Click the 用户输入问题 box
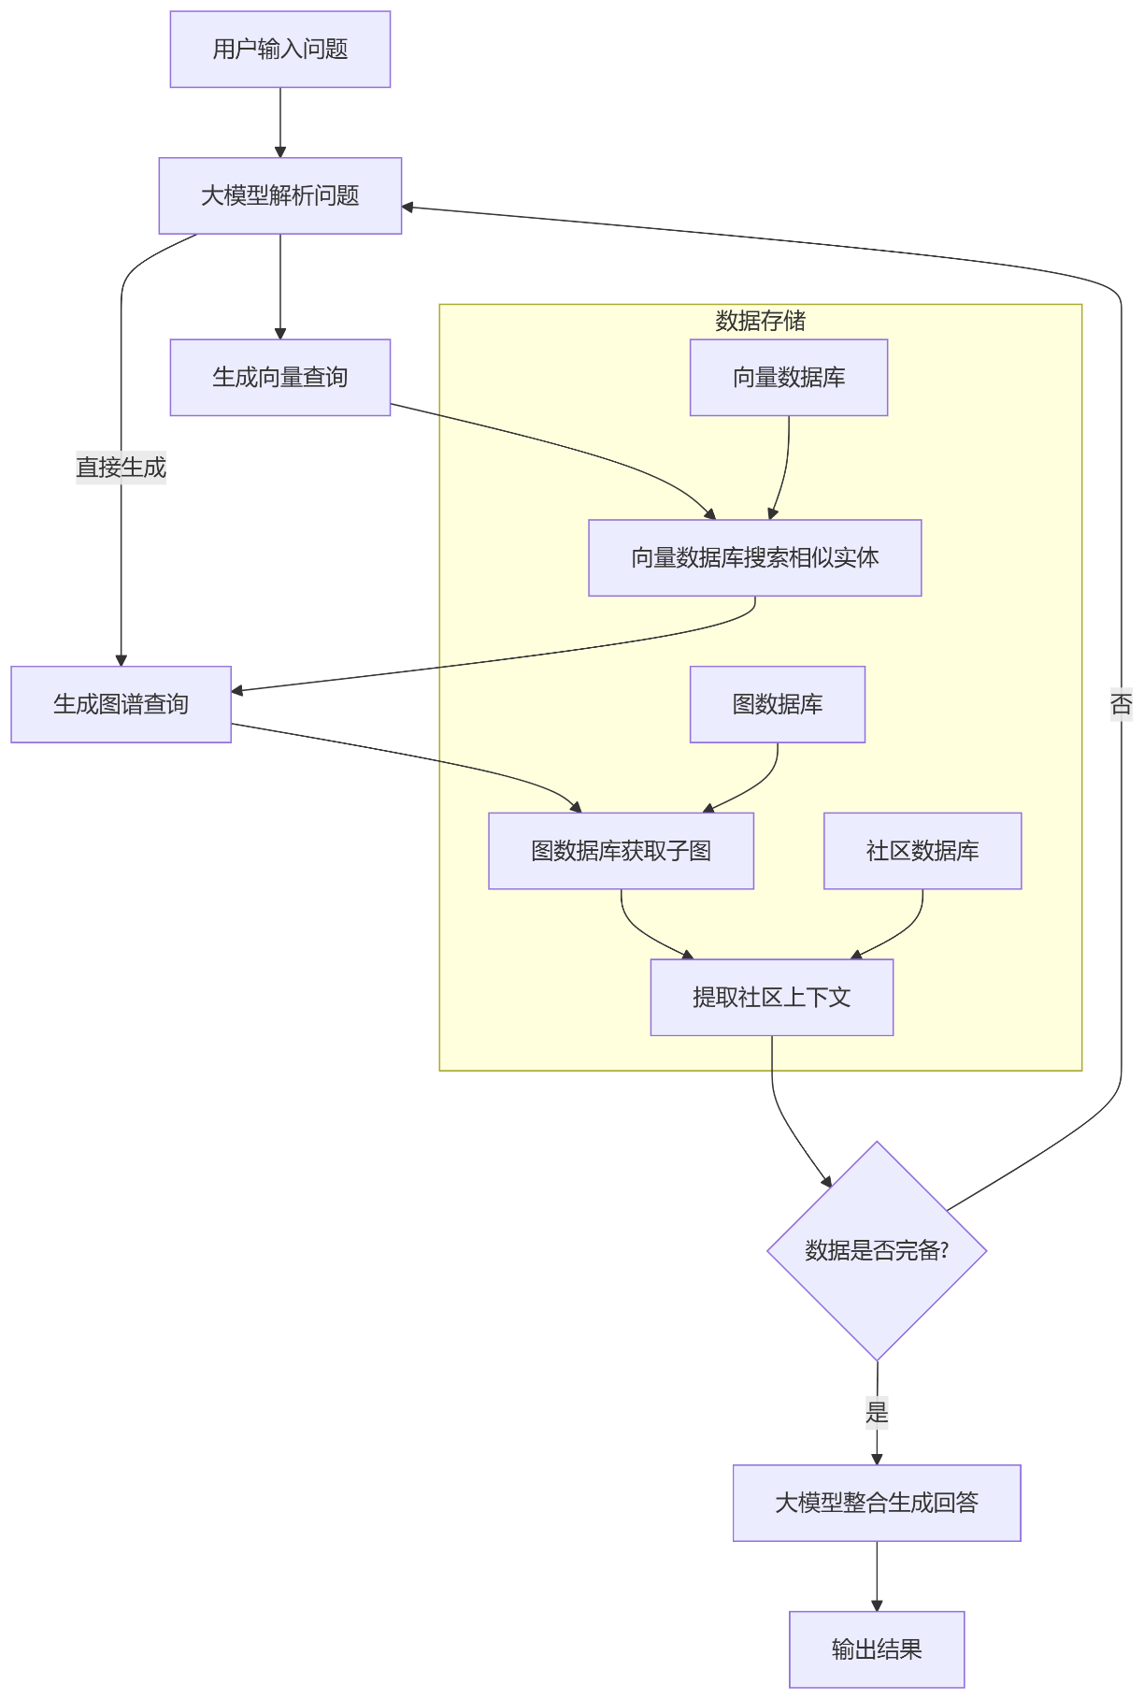click(x=279, y=50)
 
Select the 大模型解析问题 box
click(x=279, y=195)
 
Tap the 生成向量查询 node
click(x=279, y=377)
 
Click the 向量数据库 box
click(x=788, y=377)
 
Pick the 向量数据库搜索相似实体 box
click(x=754, y=557)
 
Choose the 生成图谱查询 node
click(x=121, y=704)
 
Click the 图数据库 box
click(x=777, y=704)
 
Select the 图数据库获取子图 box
click(x=621, y=850)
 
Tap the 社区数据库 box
click(x=922, y=850)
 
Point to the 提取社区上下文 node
click(x=771, y=997)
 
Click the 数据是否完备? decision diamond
click(x=876, y=1250)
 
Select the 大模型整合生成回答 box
click(x=876, y=1503)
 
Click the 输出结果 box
click(x=876, y=1649)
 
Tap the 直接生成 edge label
click(x=121, y=467)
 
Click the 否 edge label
click(x=1121, y=703)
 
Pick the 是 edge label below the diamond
click(x=876, y=1412)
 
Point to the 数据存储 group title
click(x=760, y=321)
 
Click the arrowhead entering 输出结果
click(x=876, y=1605)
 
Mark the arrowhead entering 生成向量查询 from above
click(x=279, y=333)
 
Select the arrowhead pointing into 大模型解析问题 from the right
click(x=408, y=207)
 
